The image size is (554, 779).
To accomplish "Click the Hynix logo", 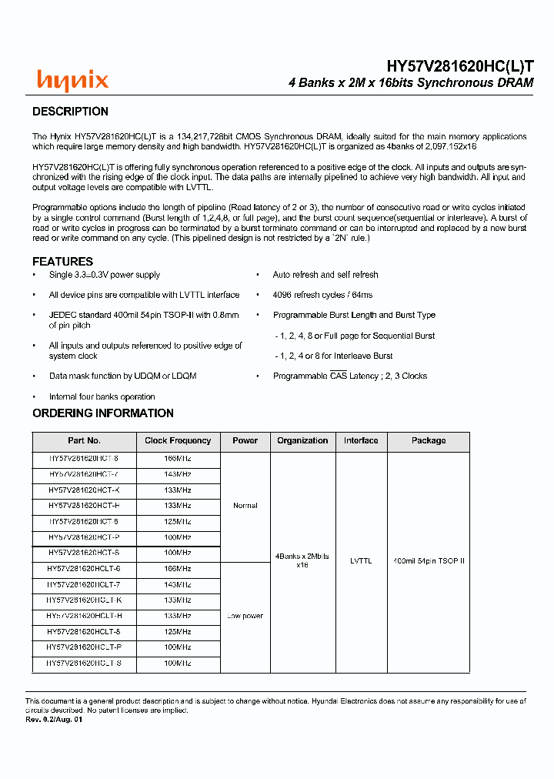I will click(73, 79).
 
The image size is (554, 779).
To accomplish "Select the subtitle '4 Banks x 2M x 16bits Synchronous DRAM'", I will click(410, 82).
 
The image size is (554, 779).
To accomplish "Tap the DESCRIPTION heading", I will click(70, 112).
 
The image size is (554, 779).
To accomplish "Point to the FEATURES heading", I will click(62, 261).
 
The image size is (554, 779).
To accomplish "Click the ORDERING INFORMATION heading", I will click(103, 413).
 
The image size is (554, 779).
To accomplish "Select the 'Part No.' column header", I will click(84, 441).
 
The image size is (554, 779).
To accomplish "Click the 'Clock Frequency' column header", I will click(178, 441).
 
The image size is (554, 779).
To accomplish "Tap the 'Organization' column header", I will click(302, 441).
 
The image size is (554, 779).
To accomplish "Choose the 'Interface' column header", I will click(361, 441).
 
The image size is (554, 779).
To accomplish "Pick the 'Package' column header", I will click(429, 441).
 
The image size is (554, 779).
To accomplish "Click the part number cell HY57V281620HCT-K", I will click(84, 490).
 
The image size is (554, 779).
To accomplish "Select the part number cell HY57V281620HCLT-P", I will click(84, 647).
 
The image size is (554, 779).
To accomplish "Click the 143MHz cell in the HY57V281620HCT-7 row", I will click(178, 474).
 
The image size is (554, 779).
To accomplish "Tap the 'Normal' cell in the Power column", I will click(245, 506).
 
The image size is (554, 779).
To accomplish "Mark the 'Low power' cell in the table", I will click(245, 616).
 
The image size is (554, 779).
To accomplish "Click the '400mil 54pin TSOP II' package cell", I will click(429, 561).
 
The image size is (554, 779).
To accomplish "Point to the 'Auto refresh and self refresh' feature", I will click(325, 275).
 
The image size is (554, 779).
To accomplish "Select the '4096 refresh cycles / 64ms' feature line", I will click(322, 295).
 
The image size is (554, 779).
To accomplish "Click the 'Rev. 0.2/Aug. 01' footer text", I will click(54, 719).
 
